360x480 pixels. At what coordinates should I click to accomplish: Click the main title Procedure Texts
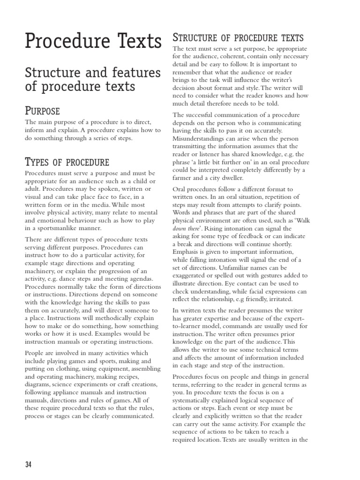click(x=93, y=41)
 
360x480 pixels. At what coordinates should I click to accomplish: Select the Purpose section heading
click(x=42, y=111)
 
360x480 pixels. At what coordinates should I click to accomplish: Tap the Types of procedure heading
click(x=67, y=162)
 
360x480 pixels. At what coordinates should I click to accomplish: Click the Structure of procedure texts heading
click(x=238, y=37)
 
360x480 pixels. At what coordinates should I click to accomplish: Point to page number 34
click(x=28, y=465)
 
